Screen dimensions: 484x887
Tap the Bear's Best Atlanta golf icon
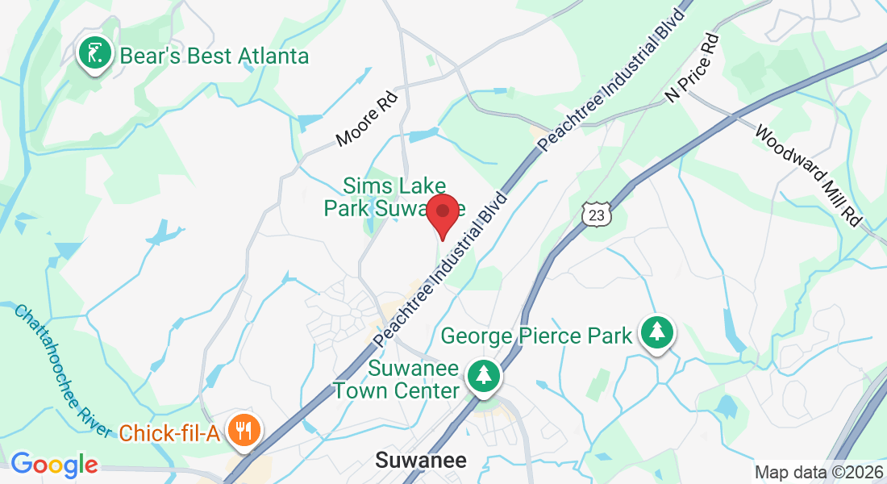[94, 54]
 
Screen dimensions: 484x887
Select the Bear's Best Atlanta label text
[214, 56]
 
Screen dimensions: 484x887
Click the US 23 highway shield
[596, 213]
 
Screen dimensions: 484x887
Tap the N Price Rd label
[691, 68]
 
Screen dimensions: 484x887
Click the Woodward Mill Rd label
[806, 173]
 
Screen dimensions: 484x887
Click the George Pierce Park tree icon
[657, 332]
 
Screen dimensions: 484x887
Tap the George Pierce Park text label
[536, 336]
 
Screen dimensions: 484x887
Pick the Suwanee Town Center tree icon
[483, 374]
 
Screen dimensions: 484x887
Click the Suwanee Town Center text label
[397, 380]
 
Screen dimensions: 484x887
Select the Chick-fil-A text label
[169, 433]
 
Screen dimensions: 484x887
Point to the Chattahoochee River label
[63, 370]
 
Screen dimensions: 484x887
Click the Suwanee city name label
[421, 461]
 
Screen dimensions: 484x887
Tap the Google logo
[54, 464]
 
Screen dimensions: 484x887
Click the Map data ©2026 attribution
[819, 472]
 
